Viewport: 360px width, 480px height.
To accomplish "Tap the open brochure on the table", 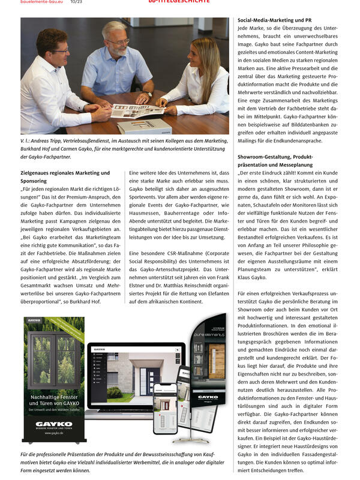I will [137, 110].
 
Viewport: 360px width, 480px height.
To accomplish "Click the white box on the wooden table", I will [145, 127].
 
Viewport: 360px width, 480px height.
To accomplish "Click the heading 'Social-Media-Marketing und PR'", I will [274, 20].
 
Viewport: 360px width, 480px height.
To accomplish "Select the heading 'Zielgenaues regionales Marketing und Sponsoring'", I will [65, 176].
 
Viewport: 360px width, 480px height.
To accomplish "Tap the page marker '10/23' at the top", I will [76, 2].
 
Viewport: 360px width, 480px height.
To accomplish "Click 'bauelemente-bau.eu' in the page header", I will [42, 2].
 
